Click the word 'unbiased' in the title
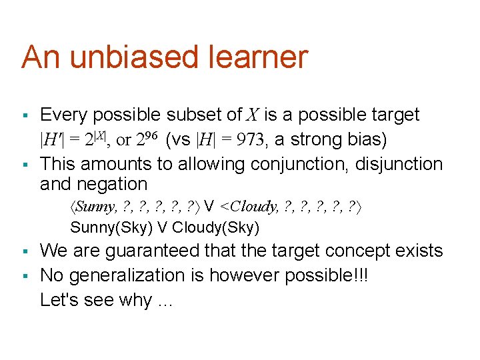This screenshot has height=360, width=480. (132, 57)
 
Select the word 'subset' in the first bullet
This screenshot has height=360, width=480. (198, 115)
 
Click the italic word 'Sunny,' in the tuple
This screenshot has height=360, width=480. (95, 207)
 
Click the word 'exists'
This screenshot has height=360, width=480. (418, 251)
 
